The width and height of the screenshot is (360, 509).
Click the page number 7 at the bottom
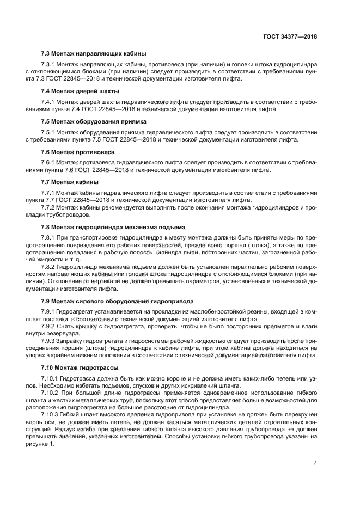point(315,462)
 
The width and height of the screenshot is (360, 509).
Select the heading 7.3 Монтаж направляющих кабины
point(94,53)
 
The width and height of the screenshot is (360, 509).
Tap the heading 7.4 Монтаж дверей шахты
point(80,91)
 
